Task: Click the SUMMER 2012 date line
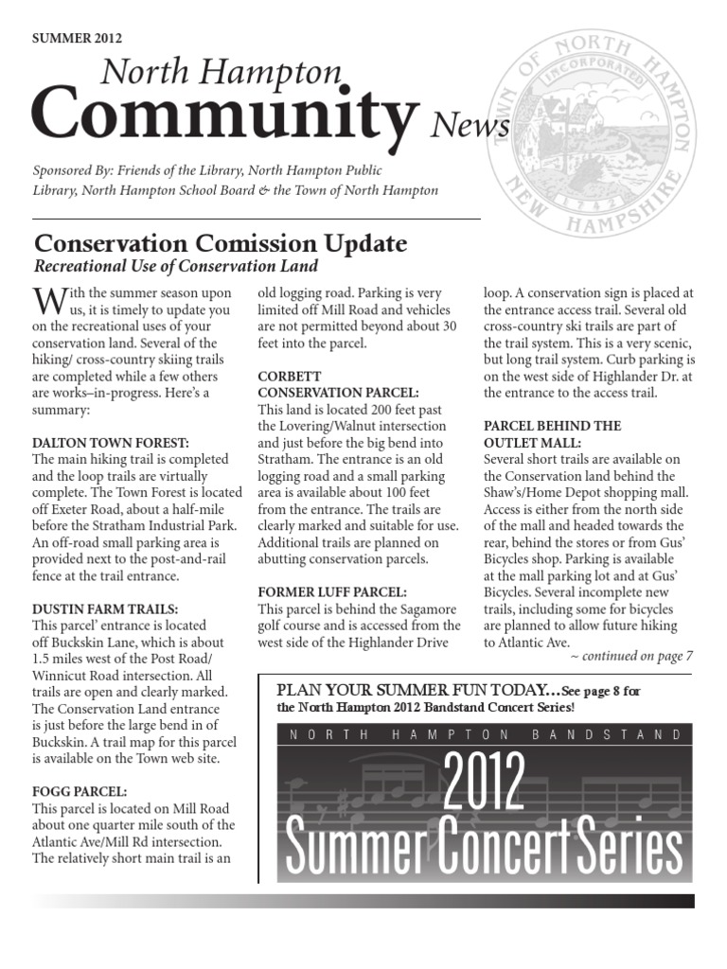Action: pyautogui.click(x=77, y=39)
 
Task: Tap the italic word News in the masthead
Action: pyautogui.click(x=470, y=126)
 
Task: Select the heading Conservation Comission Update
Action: pyautogui.click(x=220, y=244)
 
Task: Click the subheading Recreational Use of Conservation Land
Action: pyautogui.click(x=175, y=266)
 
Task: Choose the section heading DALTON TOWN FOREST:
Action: pyautogui.click(x=111, y=441)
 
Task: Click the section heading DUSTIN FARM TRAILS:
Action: pyautogui.click(x=104, y=608)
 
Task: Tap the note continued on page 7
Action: pyautogui.click(x=632, y=655)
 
